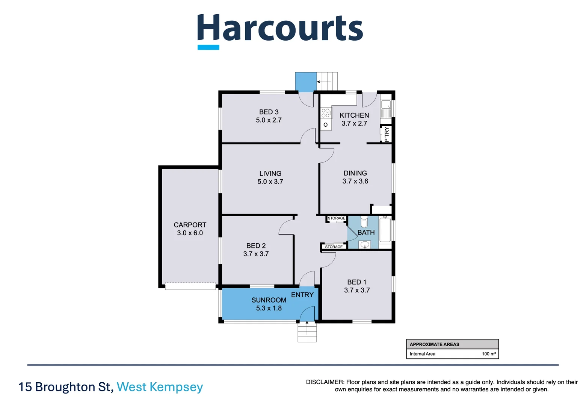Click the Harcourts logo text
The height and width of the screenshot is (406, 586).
280,29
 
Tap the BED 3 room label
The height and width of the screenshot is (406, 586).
269,112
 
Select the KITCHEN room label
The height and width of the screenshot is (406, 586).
354,115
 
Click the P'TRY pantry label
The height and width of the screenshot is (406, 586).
387,134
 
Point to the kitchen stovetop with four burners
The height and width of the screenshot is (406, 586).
325,113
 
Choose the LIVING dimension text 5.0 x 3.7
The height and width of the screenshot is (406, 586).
270,182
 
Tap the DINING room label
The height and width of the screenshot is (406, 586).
355,173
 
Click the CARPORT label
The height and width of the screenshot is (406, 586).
190,225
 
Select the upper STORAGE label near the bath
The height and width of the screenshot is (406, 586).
336,218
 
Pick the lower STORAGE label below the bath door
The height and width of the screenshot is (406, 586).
334,247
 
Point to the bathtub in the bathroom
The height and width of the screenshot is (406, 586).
385,230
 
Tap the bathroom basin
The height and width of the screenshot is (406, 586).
364,245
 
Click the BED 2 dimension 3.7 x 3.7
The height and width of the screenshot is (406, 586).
256,254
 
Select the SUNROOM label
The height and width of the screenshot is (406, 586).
269,300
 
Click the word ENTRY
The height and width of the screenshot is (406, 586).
302,295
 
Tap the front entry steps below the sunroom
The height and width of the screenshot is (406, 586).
307,333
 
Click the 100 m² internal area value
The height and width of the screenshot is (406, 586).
488,354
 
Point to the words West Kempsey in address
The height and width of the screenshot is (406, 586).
160,387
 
